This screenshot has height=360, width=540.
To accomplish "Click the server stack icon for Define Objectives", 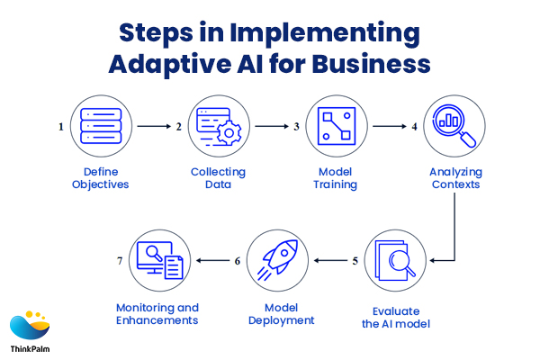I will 99,127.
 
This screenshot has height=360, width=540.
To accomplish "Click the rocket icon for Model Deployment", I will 275,260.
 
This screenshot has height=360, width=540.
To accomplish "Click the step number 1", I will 61,128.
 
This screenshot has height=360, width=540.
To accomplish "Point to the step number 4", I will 414,128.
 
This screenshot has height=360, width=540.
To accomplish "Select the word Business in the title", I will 369,64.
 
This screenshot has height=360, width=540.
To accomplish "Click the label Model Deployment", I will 275,314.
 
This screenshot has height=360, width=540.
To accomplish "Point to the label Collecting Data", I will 218,178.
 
